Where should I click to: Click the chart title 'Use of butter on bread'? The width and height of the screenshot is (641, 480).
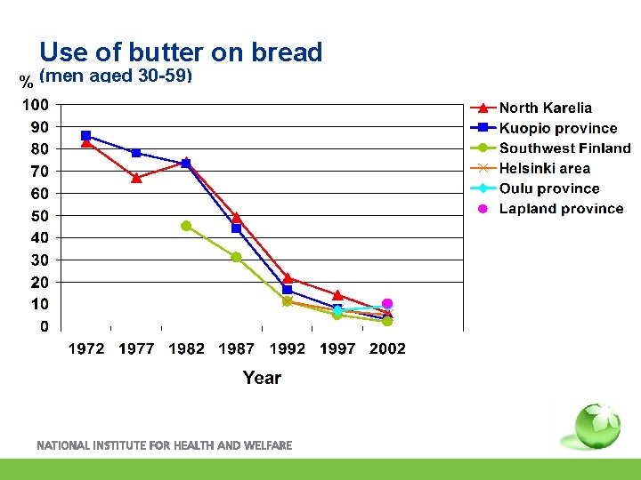(x=181, y=52)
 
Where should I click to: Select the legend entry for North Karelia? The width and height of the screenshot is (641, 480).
(x=545, y=108)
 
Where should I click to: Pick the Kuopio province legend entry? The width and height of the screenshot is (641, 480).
(x=557, y=129)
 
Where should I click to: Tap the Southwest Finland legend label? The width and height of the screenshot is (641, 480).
(x=564, y=148)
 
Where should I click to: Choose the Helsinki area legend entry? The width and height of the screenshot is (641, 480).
(x=544, y=168)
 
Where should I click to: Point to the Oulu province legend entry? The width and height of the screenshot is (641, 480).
(x=548, y=188)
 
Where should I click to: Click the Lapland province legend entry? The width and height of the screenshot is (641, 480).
(x=561, y=209)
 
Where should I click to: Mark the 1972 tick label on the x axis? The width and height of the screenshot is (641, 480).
(x=86, y=348)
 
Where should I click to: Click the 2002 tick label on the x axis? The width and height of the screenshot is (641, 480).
(x=387, y=348)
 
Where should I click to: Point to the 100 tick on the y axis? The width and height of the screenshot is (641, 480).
(x=36, y=105)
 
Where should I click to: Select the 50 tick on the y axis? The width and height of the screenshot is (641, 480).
(x=40, y=216)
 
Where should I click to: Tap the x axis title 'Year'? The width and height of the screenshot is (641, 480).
(x=262, y=378)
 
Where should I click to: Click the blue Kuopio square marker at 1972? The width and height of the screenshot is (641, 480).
(x=86, y=136)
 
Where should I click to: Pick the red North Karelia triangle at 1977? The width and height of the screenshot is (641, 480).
(x=136, y=178)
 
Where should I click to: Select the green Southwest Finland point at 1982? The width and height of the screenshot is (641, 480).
(x=186, y=226)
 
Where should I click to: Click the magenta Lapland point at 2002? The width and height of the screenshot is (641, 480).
(x=387, y=304)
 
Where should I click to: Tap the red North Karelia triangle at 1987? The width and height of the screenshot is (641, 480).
(x=236, y=217)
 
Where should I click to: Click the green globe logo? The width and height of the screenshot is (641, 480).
(x=596, y=426)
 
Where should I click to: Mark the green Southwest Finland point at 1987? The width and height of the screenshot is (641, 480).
(x=236, y=257)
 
